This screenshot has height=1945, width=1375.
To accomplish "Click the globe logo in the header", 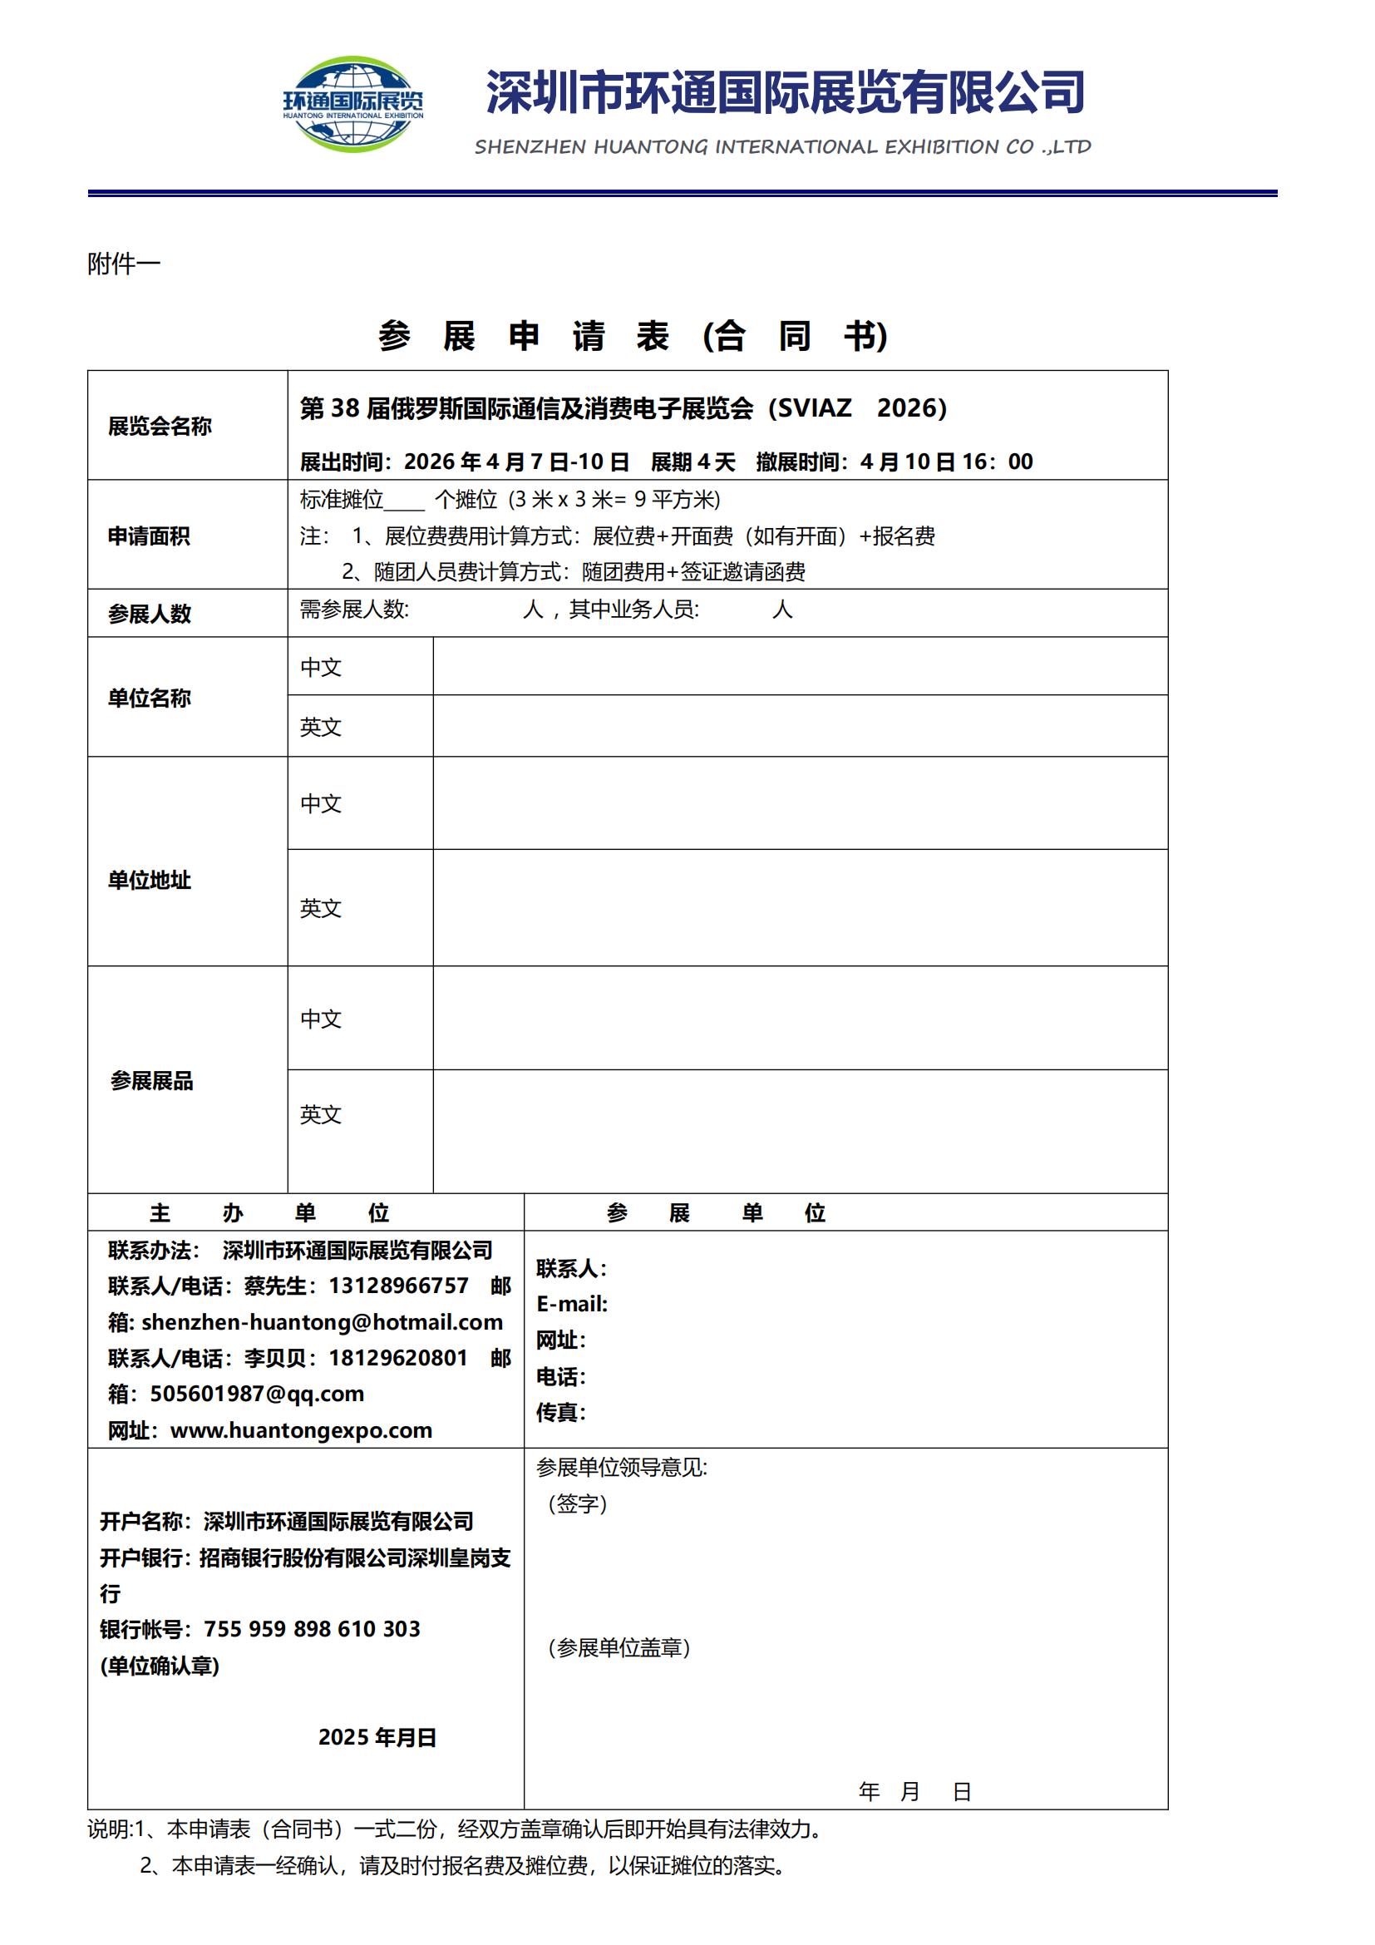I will tap(353, 103).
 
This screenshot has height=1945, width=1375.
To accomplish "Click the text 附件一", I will tap(124, 264).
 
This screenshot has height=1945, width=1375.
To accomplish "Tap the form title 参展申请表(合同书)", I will tap(633, 336).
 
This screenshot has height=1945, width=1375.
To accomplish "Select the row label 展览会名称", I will tap(159, 426).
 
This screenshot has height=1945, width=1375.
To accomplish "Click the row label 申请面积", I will tap(149, 536).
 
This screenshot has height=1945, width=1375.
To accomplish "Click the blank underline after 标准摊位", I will tap(405, 501).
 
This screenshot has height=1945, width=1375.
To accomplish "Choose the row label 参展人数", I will tap(149, 614).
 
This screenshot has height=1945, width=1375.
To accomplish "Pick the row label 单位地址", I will tap(149, 880).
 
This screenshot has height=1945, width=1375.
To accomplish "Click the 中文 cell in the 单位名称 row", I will tap(321, 668).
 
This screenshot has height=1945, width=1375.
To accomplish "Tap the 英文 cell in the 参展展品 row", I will tap(321, 1114).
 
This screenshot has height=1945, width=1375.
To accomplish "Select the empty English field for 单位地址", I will tap(799, 907).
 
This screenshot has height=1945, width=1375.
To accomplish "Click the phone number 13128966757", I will tap(398, 1286).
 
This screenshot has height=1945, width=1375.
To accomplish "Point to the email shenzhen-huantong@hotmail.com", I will tap(322, 1322).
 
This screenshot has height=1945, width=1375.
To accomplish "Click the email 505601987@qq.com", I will tap(257, 1394).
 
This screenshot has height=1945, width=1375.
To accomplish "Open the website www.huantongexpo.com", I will tap(301, 1430).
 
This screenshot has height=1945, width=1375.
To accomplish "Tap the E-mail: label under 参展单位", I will tap(571, 1304).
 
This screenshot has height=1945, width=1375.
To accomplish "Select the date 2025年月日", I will tap(377, 1737).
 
